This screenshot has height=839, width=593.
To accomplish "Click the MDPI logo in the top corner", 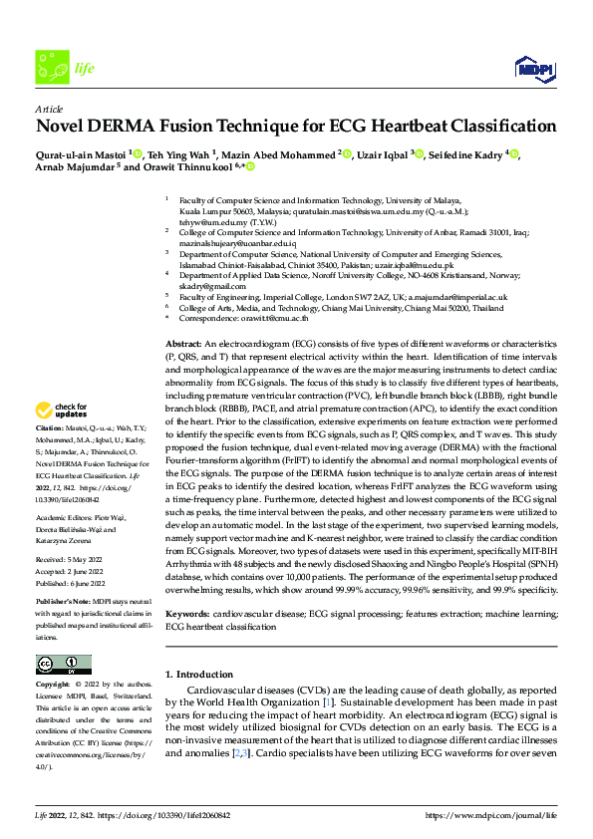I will [x=533, y=67].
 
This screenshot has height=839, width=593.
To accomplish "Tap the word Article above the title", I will [x=49, y=109].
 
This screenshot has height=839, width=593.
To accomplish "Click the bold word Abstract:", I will [x=186, y=343].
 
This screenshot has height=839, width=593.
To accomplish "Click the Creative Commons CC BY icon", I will [x=63, y=665].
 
